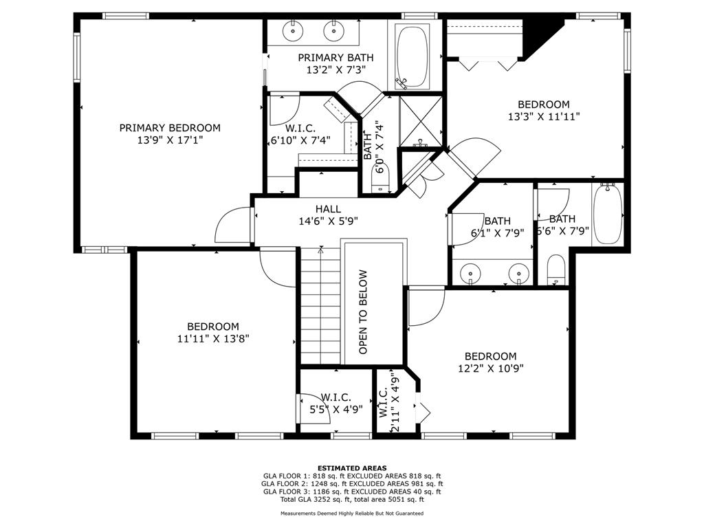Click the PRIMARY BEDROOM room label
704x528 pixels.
click(170, 128)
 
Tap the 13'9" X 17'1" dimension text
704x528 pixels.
click(170, 140)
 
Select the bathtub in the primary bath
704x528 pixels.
click(412, 56)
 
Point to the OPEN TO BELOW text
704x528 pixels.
click(363, 311)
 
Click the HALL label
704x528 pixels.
click(328, 209)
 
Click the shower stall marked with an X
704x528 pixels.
click(421, 120)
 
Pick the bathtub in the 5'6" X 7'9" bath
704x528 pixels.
click(608, 214)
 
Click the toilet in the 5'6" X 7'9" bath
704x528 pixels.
click(556, 269)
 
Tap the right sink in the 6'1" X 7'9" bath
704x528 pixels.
click(518, 272)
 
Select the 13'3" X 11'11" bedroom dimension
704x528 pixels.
click(544, 116)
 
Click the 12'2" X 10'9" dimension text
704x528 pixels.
click(490, 368)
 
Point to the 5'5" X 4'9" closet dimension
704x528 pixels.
click(336, 410)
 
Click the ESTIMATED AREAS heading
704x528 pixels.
click(352, 467)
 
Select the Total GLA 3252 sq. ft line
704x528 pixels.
click(352, 499)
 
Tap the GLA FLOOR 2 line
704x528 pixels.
click(352, 483)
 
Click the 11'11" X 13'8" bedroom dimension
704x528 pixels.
click(213, 338)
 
